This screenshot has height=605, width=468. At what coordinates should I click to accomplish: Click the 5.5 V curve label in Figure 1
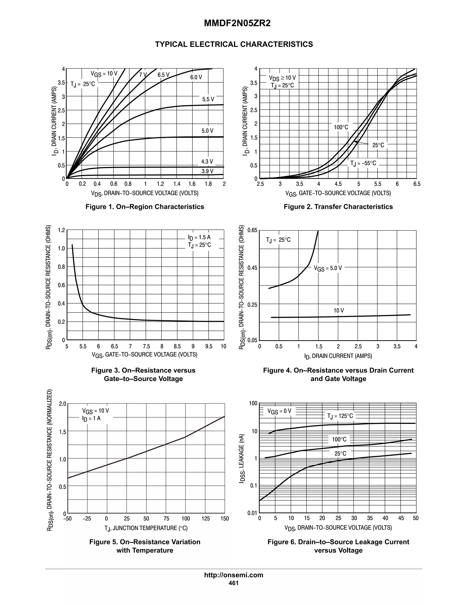pyautogui.click(x=208, y=99)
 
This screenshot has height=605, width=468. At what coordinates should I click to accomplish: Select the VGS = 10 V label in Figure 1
pyautogui.click(x=104, y=74)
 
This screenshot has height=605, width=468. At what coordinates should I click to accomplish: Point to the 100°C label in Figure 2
pyautogui.click(x=341, y=127)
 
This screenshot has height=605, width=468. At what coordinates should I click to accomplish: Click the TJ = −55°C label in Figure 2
pyautogui.click(x=363, y=163)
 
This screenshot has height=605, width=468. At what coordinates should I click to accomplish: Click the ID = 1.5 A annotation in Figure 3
pyautogui.click(x=199, y=237)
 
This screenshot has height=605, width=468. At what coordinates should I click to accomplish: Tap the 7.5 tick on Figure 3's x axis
pyautogui.click(x=146, y=346)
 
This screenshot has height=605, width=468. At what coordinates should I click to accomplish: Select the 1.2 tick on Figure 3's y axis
pyautogui.click(x=61, y=230)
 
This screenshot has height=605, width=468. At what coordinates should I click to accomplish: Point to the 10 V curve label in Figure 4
pyautogui.click(x=338, y=310)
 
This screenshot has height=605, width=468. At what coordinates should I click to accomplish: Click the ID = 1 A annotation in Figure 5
pyautogui.click(x=91, y=418)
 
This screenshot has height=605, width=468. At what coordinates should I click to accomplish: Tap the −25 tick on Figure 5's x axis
pyautogui.click(x=87, y=518)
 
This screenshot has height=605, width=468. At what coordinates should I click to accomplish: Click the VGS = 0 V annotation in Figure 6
pyautogui.click(x=279, y=411)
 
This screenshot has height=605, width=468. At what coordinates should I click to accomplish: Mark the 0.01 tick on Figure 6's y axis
pyautogui.click(x=252, y=513)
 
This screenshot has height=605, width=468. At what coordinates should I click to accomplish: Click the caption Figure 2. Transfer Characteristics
pyautogui.click(x=338, y=207)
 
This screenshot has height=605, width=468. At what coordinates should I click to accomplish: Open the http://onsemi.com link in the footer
pyautogui.click(x=234, y=575)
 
